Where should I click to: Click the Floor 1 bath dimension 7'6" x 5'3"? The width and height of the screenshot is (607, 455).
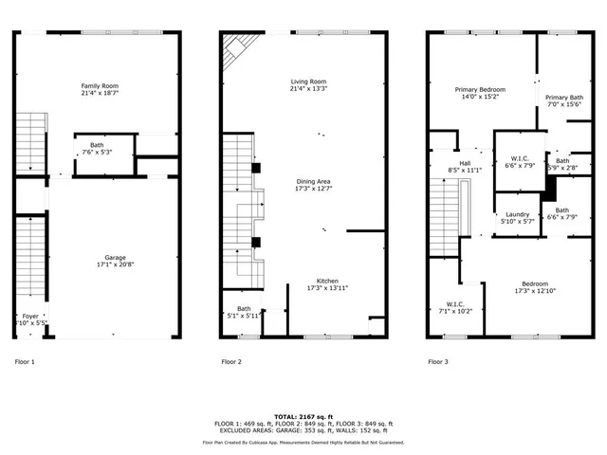click(x=97, y=152)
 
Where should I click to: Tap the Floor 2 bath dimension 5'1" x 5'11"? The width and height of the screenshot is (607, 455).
click(x=244, y=316)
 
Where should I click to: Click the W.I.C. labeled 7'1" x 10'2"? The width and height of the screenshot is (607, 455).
click(x=451, y=310)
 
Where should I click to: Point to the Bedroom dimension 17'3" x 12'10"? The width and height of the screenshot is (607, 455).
click(x=533, y=291)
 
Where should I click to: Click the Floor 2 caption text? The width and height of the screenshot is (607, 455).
click(x=231, y=361)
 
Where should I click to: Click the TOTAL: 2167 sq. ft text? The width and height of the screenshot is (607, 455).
click(x=303, y=416)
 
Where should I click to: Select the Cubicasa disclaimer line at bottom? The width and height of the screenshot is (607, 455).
click(x=303, y=442)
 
